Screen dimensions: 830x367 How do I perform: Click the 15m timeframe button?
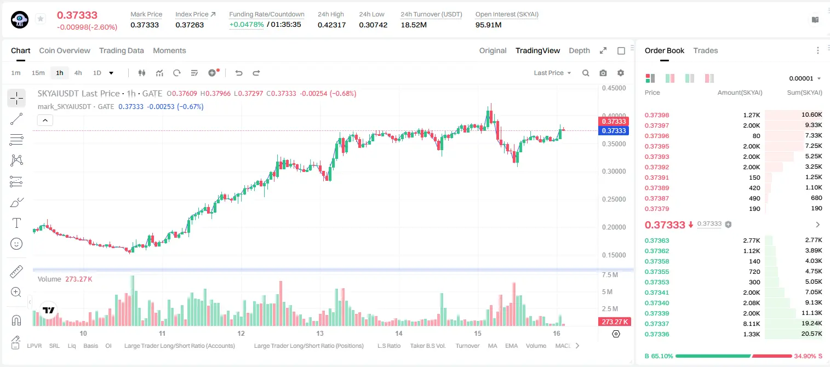(x=38, y=73)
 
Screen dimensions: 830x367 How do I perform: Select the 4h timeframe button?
(x=78, y=73)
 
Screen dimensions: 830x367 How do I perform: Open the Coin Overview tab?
(x=65, y=50)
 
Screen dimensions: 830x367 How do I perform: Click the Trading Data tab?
(x=122, y=50)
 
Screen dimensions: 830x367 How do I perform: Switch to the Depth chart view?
(x=579, y=50)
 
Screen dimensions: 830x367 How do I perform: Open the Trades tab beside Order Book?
(x=706, y=50)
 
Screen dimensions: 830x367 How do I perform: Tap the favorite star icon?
(x=41, y=19)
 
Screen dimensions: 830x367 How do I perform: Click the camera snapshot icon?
(x=603, y=73)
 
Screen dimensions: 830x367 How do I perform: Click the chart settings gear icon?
(x=621, y=73)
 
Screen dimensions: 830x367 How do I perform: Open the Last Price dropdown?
(x=552, y=73)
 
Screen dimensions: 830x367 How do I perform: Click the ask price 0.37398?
(x=657, y=115)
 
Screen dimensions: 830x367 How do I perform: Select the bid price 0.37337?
(x=657, y=324)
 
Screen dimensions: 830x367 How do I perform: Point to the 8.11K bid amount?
(x=752, y=324)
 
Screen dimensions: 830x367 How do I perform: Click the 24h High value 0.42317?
(x=331, y=25)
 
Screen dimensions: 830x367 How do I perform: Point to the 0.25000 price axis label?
(x=614, y=199)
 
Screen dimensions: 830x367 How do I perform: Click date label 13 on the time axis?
(x=320, y=333)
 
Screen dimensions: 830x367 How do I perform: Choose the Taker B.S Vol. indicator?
(x=427, y=346)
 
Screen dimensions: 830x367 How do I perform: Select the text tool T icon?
(x=16, y=223)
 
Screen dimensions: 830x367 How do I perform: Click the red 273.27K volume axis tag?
(x=615, y=322)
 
